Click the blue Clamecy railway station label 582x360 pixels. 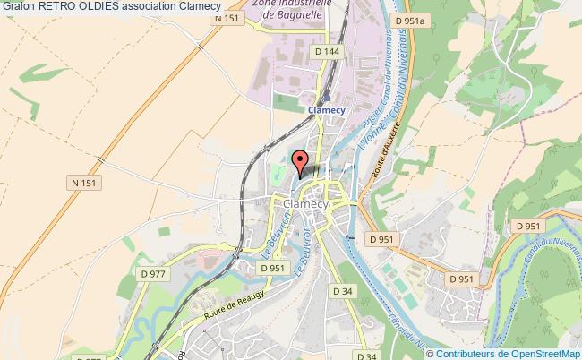coord(326,110)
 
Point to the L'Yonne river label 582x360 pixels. coord(365,134)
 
